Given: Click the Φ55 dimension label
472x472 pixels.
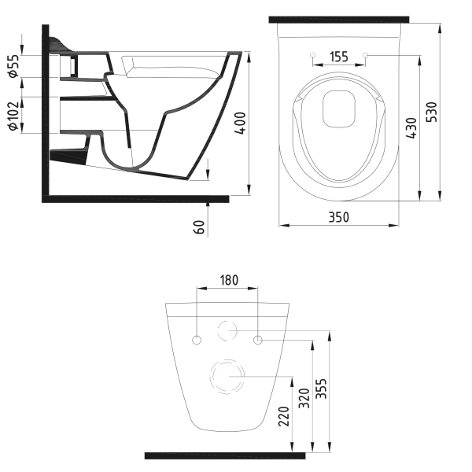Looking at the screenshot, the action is click(x=14, y=66).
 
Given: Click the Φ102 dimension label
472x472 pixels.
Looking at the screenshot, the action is click(x=14, y=116).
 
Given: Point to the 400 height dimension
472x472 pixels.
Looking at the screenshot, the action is click(x=240, y=123).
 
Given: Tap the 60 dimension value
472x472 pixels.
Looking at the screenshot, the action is click(x=199, y=227).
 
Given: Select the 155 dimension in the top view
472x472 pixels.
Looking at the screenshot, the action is click(x=339, y=57).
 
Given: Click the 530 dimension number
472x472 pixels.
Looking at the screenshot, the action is click(x=432, y=112).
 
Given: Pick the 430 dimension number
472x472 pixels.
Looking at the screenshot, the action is click(x=411, y=128).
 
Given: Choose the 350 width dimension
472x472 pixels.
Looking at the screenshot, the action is click(x=338, y=217).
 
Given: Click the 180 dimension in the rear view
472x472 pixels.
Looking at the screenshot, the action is click(x=229, y=280).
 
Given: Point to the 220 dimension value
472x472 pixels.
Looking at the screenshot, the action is click(x=284, y=416).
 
